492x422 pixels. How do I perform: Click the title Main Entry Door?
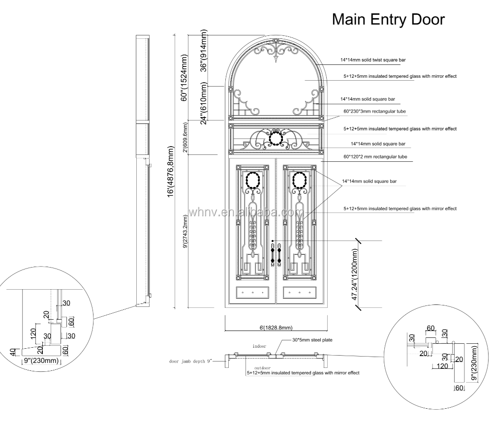point(388,20)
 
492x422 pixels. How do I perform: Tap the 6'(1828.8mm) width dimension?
point(276,328)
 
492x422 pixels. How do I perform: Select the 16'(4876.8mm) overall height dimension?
point(170,171)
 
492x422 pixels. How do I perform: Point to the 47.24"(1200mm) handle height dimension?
point(355,274)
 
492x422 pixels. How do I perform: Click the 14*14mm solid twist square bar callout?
point(373,60)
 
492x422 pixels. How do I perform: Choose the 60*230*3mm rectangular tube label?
point(374,111)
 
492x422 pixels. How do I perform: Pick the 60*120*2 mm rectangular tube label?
point(375,156)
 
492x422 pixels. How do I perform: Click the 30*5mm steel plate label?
point(312,340)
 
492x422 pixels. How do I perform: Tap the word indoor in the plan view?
point(259,346)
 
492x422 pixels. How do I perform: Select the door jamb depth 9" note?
point(190,361)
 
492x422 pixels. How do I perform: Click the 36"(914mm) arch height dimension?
point(204,51)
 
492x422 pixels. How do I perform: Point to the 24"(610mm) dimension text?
point(204,103)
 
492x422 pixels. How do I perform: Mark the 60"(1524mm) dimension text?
point(184,78)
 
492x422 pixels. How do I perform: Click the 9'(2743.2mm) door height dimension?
point(185,232)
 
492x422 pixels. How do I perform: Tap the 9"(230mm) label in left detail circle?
point(41,361)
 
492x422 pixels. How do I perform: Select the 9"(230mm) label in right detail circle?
point(474,363)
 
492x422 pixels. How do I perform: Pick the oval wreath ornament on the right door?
point(299,180)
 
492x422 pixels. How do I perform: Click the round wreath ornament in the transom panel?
point(276,138)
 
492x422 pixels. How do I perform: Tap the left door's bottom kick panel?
point(252,293)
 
